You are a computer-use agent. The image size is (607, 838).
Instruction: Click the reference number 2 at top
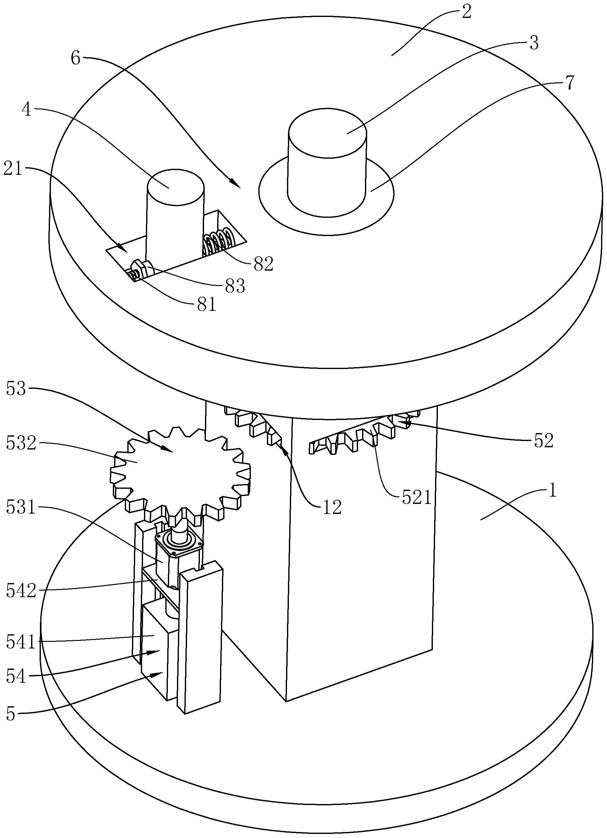point(466,13)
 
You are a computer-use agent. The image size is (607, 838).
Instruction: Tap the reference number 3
point(533,43)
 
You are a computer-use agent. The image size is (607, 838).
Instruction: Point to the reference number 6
point(76,58)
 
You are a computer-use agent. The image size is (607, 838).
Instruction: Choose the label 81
point(206,305)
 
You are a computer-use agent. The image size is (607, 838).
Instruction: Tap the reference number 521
point(417,499)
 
